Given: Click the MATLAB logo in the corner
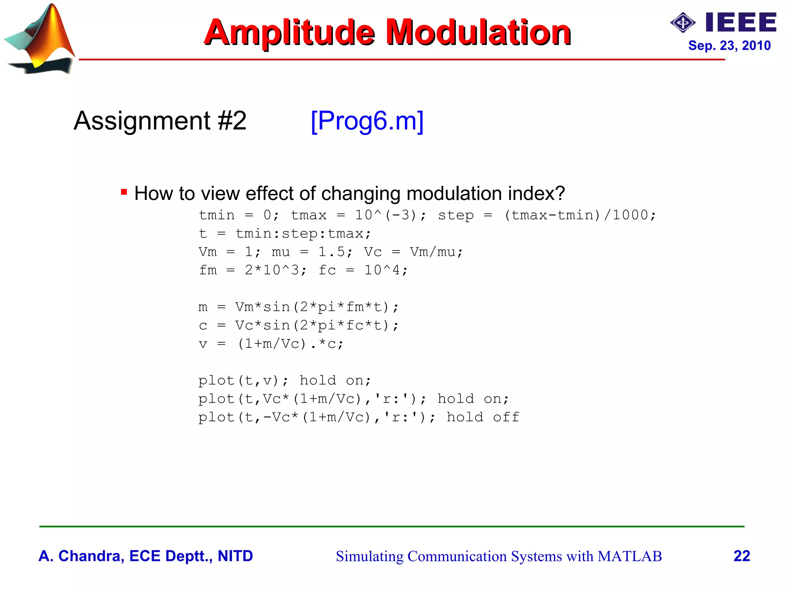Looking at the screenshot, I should [40, 38].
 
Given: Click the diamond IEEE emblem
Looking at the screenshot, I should [683, 23].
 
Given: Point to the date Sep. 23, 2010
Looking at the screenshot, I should [729, 45].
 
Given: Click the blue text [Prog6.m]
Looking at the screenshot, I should [367, 121].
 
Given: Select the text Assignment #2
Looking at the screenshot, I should [160, 121].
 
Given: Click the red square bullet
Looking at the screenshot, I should [124, 192].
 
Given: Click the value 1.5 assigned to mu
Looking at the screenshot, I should [331, 252].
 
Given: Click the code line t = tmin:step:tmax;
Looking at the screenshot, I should [285, 234].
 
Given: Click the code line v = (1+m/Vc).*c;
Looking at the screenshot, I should [271, 344].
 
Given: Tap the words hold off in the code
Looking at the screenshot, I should [482, 417].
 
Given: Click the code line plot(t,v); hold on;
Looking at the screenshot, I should [285, 381].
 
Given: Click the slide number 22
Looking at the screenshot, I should [741, 556].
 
